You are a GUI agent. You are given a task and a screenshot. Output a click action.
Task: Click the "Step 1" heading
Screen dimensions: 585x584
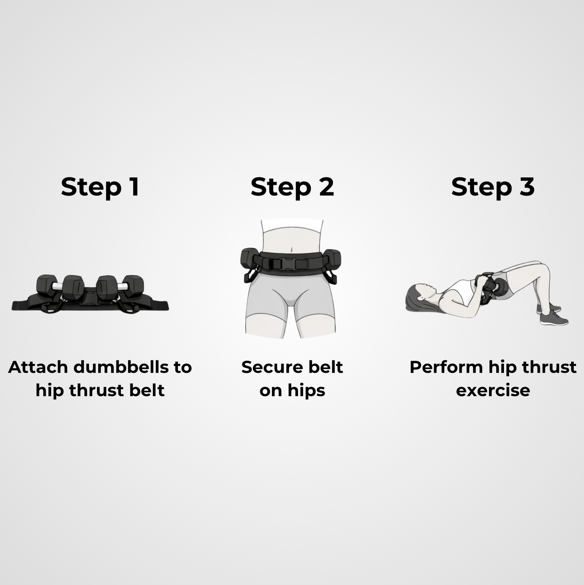pos(100,187)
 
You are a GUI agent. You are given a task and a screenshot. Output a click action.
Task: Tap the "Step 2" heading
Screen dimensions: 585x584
pos(292,187)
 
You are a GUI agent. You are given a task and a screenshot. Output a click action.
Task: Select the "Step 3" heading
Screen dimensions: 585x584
pos(493,187)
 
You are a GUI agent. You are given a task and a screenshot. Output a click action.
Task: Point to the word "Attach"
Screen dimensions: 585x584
pos(38,367)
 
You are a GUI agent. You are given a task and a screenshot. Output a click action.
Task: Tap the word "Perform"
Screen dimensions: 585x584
pos(446,367)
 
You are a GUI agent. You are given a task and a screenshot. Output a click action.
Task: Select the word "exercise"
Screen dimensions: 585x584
pos(493,391)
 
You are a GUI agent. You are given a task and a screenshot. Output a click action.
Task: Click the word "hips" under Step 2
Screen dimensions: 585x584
pos(306,391)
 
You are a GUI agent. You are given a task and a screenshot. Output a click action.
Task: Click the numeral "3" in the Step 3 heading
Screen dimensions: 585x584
pos(527,187)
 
